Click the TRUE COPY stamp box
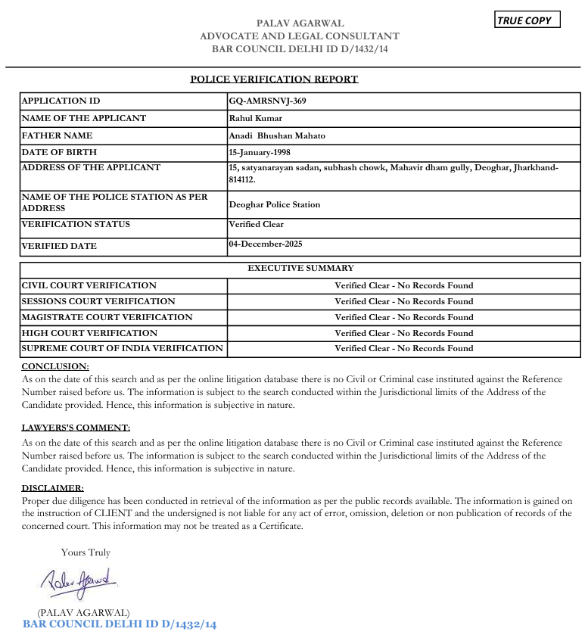click(x=527, y=20)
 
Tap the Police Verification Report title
click(x=274, y=79)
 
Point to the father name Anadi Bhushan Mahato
click(x=277, y=135)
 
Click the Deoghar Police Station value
click(x=275, y=204)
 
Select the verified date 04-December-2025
click(x=266, y=244)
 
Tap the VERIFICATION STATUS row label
click(x=76, y=224)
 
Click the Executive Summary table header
click(x=300, y=268)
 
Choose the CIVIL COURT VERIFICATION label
click(x=89, y=285)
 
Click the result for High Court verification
click(x=404, y=333)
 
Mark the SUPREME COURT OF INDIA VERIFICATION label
click(x=123, y=348)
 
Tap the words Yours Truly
click(x=86, y=552)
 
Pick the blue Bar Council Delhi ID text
click(x=120, y=624)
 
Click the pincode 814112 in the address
click(x=241, y=179)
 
